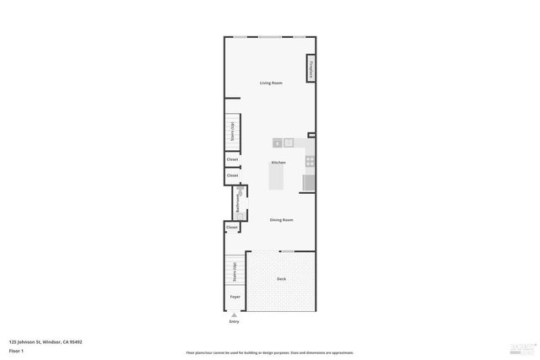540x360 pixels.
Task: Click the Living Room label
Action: [x=271, y=83]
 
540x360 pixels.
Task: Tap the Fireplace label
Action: [x=310, y=69]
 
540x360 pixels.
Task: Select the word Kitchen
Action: [x=278, y=162]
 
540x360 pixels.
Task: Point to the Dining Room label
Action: [x=281, y=220]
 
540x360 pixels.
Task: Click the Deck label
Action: [x=281, y=279]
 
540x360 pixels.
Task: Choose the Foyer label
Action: [x=235, y=297]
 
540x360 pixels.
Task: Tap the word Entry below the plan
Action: [x=235, y=322]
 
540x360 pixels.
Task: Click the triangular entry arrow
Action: [x=235, y=315]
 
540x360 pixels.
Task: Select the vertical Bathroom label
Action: [x=238, y=203]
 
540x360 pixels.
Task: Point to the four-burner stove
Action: [x=310, y=160]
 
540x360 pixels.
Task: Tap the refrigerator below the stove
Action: [x=309, y=182]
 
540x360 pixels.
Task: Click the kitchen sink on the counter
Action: [x=288, y=142]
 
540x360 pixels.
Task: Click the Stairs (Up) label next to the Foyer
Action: [x=233, y=271]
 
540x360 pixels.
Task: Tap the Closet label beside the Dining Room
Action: [x=232, y=227]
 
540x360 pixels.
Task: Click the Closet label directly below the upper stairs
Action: [x=232, y=159]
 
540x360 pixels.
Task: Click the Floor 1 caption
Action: [x=16, y=350]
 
